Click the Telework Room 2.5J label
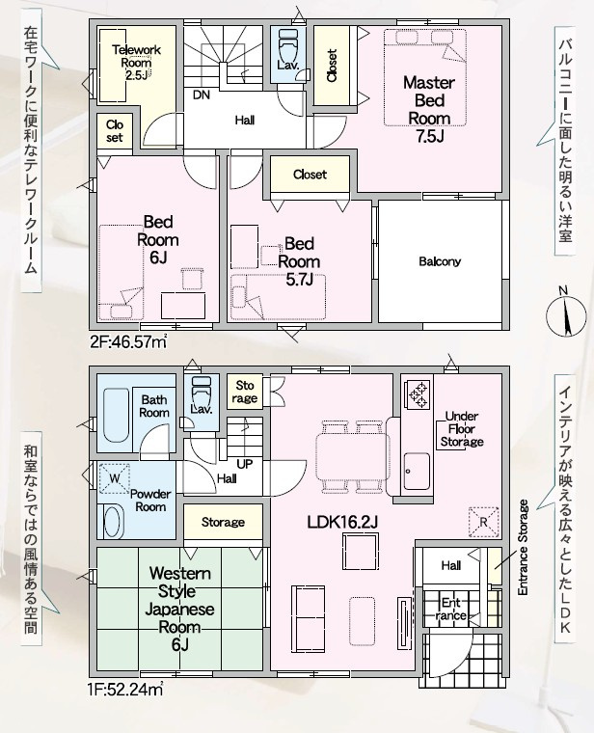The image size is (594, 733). click(x=137, y=63)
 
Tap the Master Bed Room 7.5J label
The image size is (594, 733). click(x=429, y=109)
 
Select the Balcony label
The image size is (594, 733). click(x=440, y=261)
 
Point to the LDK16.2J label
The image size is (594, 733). click(x=342, y=522)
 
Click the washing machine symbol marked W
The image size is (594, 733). click(x=114, y=478)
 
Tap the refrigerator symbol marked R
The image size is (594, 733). click(x=484, y=522)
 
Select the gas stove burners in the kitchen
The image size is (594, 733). click(x=418, y=394)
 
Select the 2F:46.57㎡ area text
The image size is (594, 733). click(x=128, y=342)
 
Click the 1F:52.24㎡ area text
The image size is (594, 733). click(x=125, y=689)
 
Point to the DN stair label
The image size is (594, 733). click(x=202, y=95)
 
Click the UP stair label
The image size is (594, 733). click(x=244, y=464)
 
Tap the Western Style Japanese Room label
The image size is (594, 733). click(x=180, y=609)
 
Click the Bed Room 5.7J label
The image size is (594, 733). click(x=299, y=261)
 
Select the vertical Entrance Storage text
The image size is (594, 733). click(x=523, y=548)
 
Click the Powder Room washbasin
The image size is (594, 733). click(x=112, y=522)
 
